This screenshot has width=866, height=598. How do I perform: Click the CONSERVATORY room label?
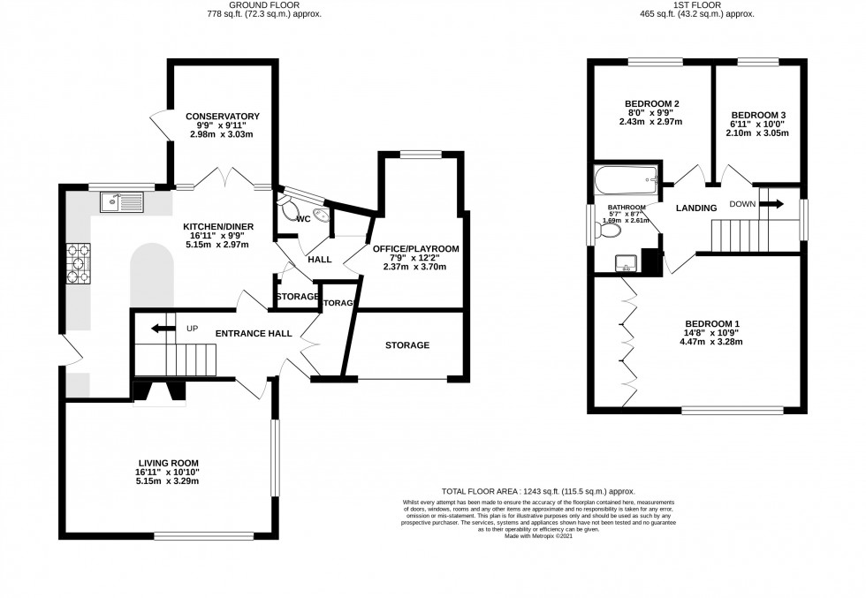point(222,116)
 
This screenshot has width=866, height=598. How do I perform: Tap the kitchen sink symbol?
point(121,202)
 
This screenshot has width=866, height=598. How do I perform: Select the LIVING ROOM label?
point(168,463)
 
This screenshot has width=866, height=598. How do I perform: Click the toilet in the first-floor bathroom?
point(610,231)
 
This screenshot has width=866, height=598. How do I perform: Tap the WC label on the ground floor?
point(302,218)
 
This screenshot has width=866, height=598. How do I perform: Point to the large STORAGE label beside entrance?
point(407,344)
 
